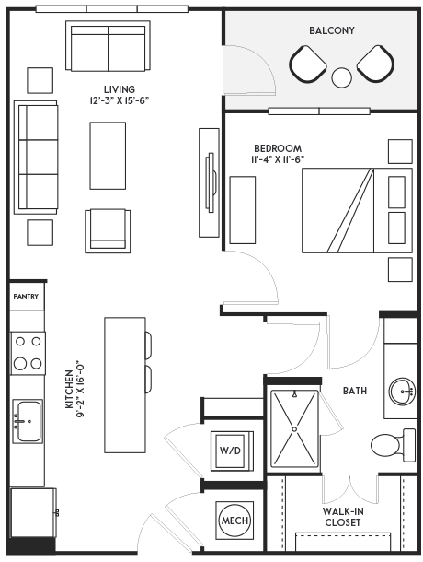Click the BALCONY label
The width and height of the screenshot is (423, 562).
332,30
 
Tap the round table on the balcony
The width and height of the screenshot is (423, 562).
341,77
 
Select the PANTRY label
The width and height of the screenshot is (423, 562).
26,297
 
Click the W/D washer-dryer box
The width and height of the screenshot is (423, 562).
232,451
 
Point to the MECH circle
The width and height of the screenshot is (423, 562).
234,521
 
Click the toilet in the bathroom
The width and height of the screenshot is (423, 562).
394,445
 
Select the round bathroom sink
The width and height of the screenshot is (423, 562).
402,392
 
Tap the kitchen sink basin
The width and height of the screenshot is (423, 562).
29,421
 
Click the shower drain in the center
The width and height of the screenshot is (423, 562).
294,428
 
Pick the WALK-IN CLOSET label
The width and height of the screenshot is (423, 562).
342,517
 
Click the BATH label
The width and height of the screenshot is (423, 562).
355,391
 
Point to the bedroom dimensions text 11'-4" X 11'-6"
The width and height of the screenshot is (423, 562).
278,159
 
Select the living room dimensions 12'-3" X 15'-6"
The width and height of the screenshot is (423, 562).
120,100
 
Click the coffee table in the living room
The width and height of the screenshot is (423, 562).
108,156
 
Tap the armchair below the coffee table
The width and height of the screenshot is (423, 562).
108,231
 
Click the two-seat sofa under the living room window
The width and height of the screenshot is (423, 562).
108,45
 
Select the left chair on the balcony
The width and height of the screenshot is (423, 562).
308,64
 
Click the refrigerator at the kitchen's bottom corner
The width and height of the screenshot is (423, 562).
34,512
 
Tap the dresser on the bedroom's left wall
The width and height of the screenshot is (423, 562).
243,210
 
